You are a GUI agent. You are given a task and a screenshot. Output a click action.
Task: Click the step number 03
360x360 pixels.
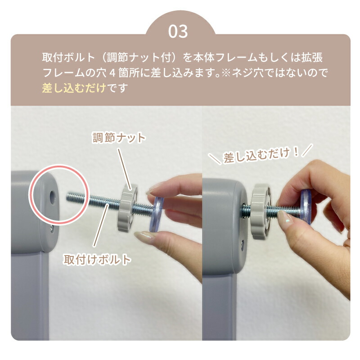click(178, 31)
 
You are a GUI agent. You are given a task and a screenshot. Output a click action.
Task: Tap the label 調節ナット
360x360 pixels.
click(119, 138)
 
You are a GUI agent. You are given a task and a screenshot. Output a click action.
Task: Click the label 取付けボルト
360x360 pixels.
click(97, 260)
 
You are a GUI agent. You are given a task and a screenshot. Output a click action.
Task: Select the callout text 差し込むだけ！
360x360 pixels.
click(261, 155)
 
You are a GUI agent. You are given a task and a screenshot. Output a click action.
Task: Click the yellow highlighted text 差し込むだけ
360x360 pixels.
click(74, 88)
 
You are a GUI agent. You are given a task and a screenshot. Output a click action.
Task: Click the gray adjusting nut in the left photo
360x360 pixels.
click(127, 207)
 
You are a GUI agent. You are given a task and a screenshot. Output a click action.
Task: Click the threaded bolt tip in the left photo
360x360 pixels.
click(68, 197)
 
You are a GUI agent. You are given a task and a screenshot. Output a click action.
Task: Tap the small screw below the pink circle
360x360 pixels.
click(52, 228)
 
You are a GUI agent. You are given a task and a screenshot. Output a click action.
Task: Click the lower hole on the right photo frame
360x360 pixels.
click(243, 244)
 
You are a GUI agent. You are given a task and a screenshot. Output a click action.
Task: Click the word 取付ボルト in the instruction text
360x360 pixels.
click(69, 58)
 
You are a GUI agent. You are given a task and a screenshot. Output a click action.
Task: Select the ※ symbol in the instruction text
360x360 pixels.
click(226, 73)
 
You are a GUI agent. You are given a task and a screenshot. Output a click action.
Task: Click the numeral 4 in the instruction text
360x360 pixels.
click(112, 73)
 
